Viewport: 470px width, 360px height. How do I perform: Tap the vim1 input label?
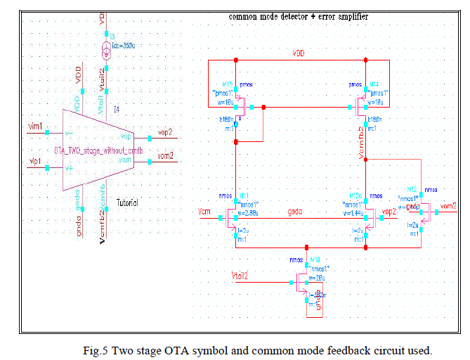coord(34,127)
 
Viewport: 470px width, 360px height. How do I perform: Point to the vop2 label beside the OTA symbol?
coord(165,132)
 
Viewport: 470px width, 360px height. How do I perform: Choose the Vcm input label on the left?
coord(203,210)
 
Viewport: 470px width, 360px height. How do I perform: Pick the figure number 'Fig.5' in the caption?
coord(96,350)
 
